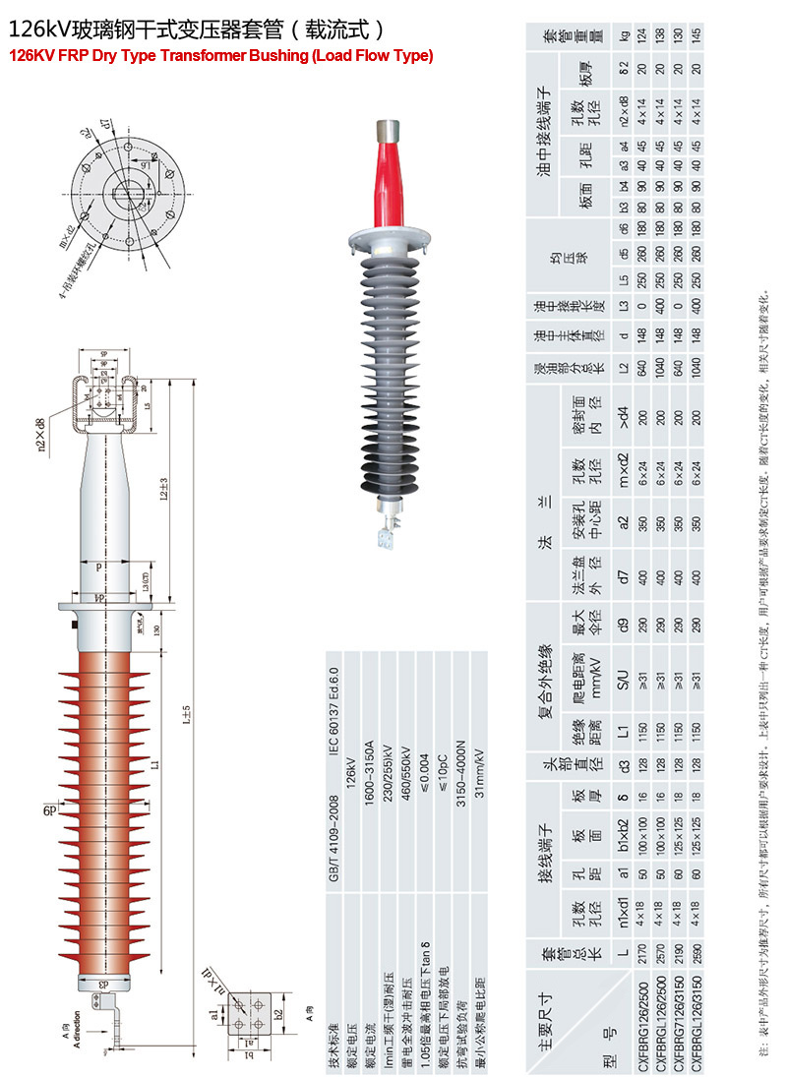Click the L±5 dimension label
coord(186,717)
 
